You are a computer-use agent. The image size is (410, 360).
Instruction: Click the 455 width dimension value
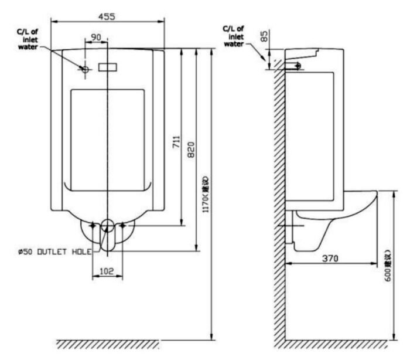point(106,16)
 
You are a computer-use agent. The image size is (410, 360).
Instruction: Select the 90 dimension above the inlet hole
point(97,37)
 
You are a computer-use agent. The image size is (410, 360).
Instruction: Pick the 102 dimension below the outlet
point(107,271)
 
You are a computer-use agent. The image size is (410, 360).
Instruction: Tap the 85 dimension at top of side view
point(265,37)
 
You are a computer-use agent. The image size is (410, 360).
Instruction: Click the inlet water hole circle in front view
point(85,69)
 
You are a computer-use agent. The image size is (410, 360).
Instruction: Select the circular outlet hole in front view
point(107,225)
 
